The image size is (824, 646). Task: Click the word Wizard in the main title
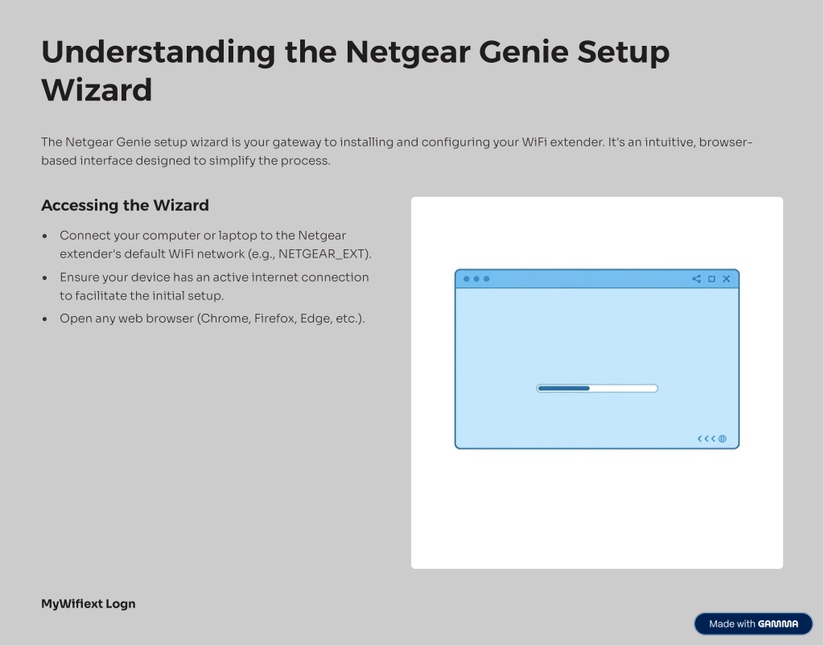pos(97,90)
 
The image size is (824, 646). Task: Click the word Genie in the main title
pos(524,52)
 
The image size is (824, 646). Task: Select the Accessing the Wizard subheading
pos(125,205)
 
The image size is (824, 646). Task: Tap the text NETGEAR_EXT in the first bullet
pos(322,254)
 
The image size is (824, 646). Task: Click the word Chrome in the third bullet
pos(225,319)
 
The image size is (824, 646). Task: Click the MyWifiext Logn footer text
pos(89,604)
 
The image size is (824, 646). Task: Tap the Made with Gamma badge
pos(753,623)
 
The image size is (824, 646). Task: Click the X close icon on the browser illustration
pos(727,279)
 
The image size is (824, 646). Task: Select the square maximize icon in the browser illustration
pos(711,279)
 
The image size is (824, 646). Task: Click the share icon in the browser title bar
pos(696,279)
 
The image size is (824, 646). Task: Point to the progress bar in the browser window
pos(597,388)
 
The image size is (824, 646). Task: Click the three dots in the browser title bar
pos(476,279)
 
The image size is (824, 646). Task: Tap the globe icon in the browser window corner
pos(723,438)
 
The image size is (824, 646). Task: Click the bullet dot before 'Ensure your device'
pos(45,278)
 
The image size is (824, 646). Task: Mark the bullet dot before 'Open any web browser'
pos(45,319)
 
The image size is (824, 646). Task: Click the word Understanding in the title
pos(159,52)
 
